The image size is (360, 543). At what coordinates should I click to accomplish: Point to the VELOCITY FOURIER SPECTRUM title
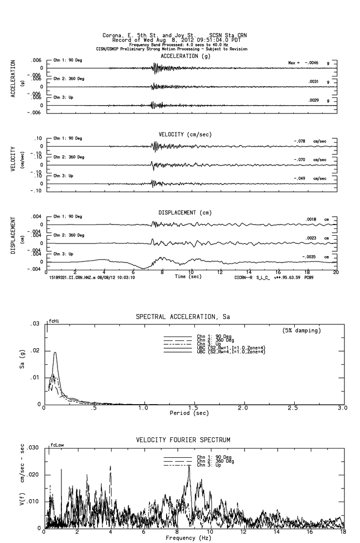183,440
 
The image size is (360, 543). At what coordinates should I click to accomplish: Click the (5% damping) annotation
301,331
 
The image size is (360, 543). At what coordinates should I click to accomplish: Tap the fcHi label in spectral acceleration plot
53,321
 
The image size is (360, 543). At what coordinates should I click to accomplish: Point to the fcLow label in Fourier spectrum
56,445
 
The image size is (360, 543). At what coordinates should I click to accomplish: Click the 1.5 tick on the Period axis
193,408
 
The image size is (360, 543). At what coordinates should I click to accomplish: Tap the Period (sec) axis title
189,413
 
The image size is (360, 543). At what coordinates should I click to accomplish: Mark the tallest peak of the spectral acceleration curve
55,353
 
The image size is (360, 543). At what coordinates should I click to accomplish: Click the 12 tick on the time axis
220,271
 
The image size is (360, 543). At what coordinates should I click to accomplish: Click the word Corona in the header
113,36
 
